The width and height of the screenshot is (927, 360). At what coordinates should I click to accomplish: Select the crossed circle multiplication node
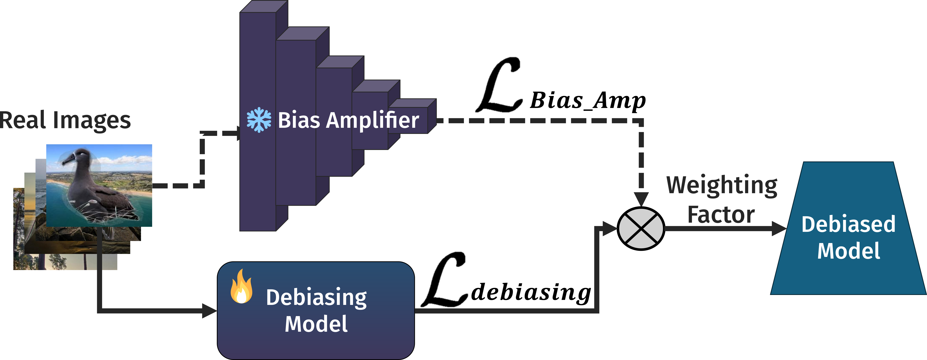coord(641,229)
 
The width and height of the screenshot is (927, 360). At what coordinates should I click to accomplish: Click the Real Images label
coord(65,121)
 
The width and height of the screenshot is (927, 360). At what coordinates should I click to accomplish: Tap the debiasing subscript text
coord(531,292)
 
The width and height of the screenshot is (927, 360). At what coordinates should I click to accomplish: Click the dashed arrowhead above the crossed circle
coord(641,199)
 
